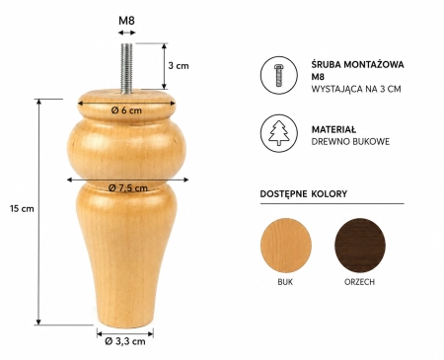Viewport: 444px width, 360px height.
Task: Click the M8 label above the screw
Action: pyautogui.click(x=126, y=21)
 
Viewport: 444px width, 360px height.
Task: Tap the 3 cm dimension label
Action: pyautogui.click(x=179, y=65)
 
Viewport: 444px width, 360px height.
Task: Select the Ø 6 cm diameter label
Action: pyautogui.click(x=126, y=110)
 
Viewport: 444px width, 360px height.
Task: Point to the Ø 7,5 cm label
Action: pyautogui.click(x=128, y=187)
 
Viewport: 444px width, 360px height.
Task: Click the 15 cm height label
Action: pyautogui.click(x=22, y=208)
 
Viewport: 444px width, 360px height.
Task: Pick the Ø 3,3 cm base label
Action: pyautogui.click(x=125, y=341)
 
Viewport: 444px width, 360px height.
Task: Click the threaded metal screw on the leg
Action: pyautogui.click(x=126, y=68)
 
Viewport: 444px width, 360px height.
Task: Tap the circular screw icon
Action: pyautogui.click(x=279, y=75)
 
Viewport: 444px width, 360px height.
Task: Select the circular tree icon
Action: pyautogui.click(x=279, y=133)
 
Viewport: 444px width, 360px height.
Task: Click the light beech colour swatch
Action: pyautogui.click(x=286, y=245)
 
